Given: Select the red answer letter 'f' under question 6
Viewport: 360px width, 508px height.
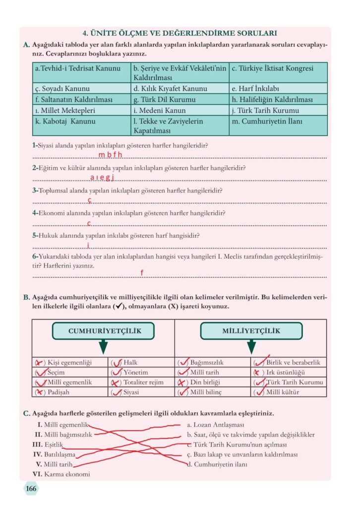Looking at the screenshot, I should click(x=142, y=273).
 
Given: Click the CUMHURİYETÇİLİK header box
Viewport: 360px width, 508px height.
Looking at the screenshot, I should click(x=103, y=331).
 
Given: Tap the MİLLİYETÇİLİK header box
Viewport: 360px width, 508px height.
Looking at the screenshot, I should click(x=251, y=331).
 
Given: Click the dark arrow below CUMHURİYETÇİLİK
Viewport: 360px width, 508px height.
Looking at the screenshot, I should click(x=103, y=347).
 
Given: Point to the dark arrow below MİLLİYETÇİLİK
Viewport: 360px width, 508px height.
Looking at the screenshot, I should click(x=251, y=347).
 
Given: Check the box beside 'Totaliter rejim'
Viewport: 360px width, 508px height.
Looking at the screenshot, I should click(x=116, y=382).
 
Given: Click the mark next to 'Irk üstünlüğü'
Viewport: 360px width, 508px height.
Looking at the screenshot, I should click(x=258, y=373).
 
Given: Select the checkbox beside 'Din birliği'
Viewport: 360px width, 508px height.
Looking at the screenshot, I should click(x=182, y=382).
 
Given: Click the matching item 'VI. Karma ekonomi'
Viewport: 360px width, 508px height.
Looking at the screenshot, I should click(x=61, y=474).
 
